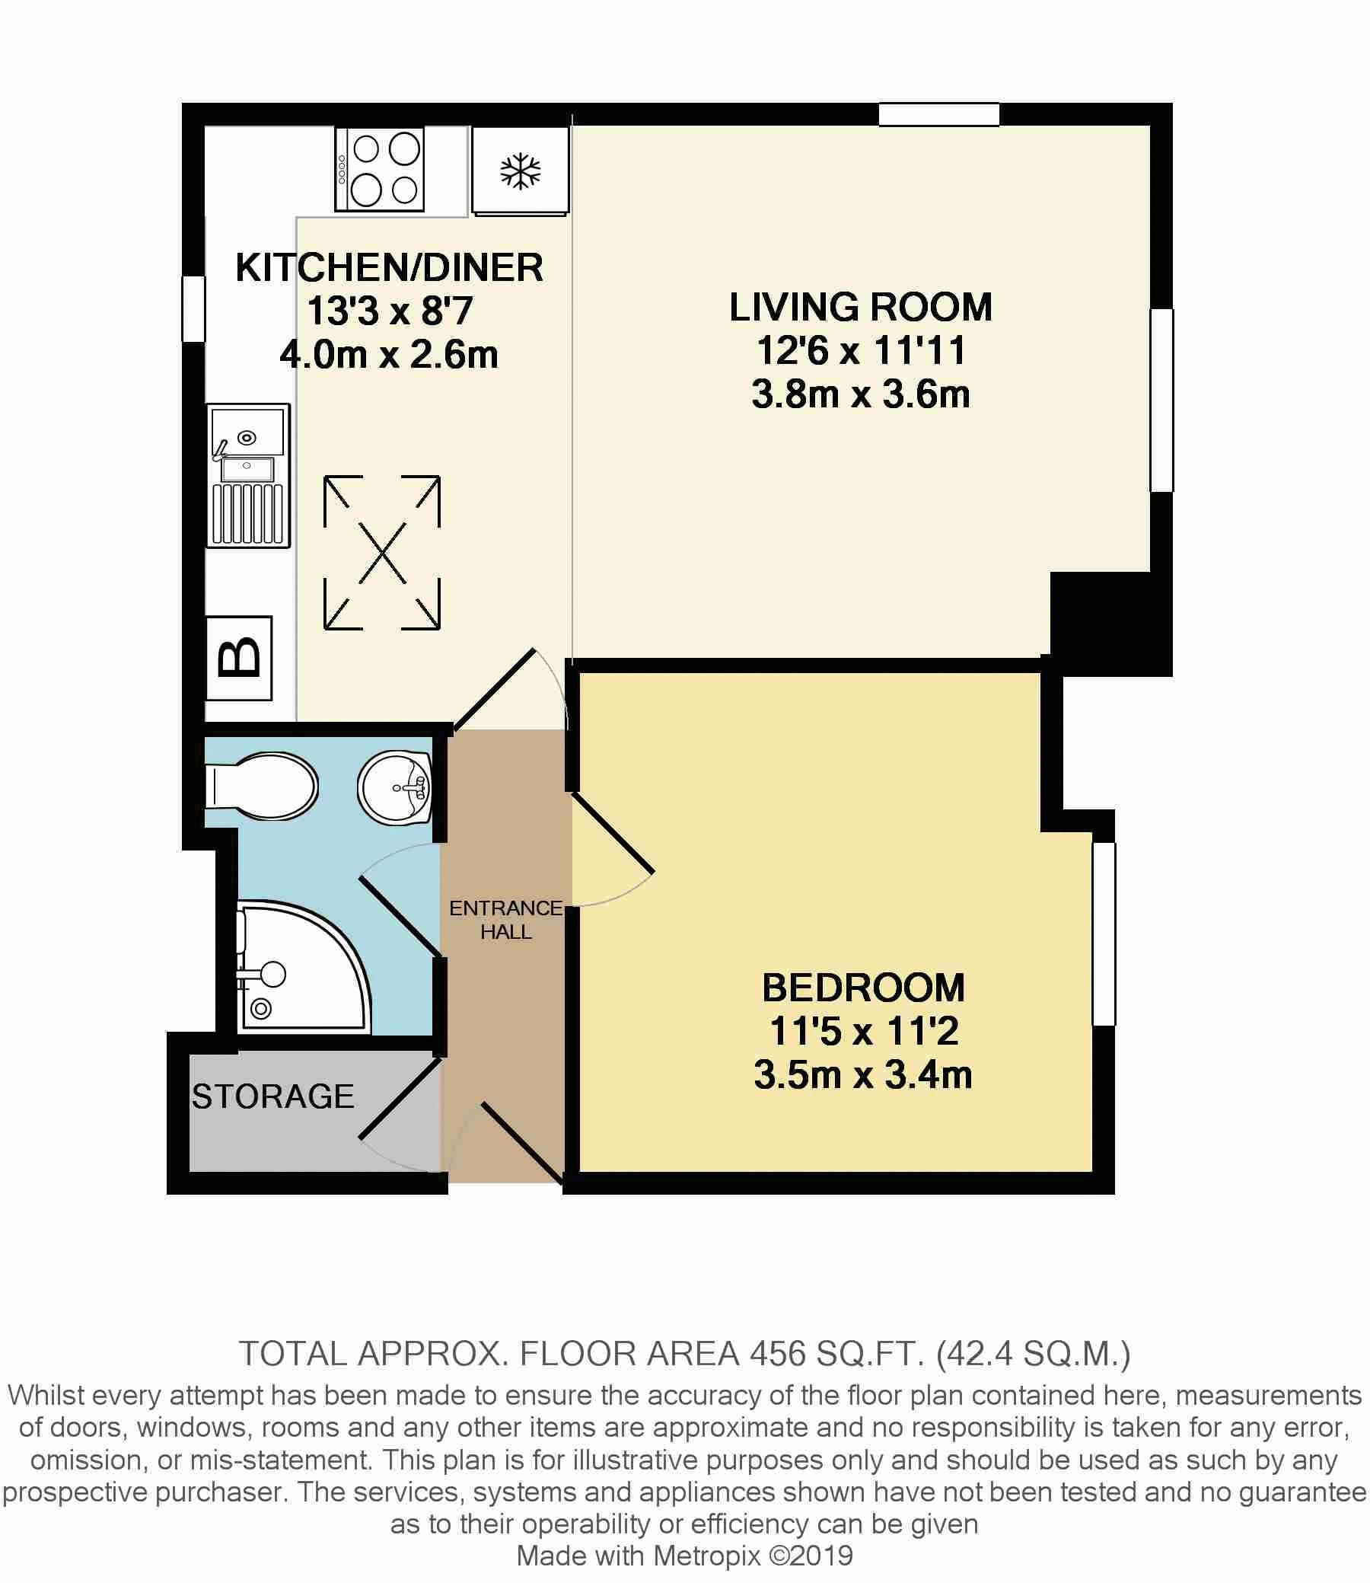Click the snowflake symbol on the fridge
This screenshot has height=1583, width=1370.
[520, 171]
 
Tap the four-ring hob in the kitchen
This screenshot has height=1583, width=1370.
[380, 169]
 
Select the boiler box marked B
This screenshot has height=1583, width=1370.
[239, 659]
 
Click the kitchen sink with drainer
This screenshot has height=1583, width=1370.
[248, 476]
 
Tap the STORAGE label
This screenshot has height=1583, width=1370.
[273, 1096]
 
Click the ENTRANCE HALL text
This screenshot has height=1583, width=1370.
[506, 919]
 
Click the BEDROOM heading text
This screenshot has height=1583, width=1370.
[863, 988]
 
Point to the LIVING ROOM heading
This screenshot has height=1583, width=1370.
[861, 307]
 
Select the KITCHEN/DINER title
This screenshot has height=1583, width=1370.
[389, 268]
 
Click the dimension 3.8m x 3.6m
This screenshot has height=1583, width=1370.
[861, 394]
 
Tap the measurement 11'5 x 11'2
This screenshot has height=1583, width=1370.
[863, 1031]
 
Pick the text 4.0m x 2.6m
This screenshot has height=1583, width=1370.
[389, 355]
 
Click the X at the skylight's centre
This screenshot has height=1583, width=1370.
[381, 553]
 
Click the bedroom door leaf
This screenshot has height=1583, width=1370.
[613, 835]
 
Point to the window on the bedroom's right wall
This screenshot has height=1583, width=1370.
[1103, 933]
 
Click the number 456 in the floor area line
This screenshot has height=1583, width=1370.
[778, 1354]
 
